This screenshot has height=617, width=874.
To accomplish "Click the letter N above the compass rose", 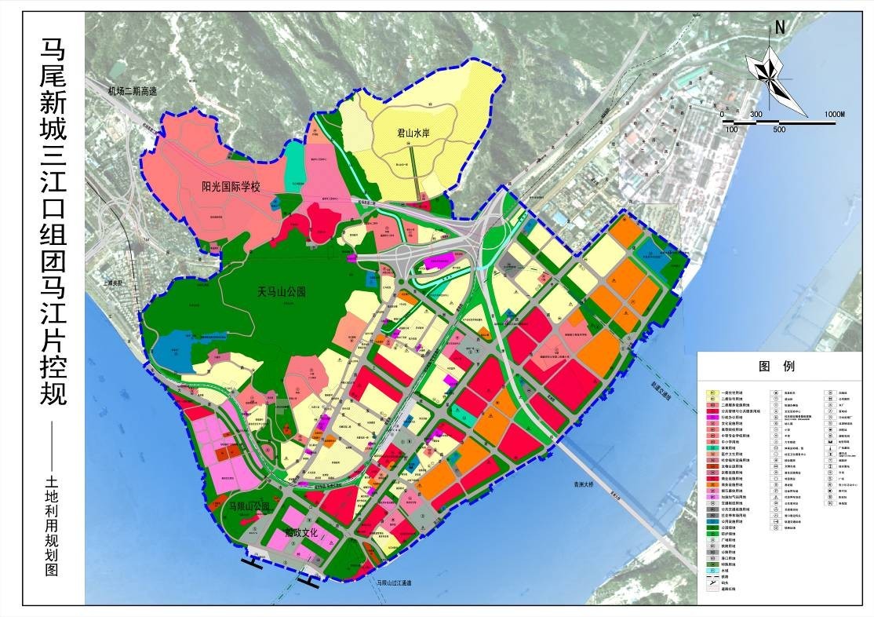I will coord(780,26).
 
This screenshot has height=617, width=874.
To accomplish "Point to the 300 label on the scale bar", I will coord(756,115).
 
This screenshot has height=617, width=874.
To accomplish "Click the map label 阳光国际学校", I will coord(230,187).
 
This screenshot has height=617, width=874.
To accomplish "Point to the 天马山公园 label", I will coord(281,292).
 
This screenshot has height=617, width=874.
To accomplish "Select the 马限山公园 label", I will coord(249,506).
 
